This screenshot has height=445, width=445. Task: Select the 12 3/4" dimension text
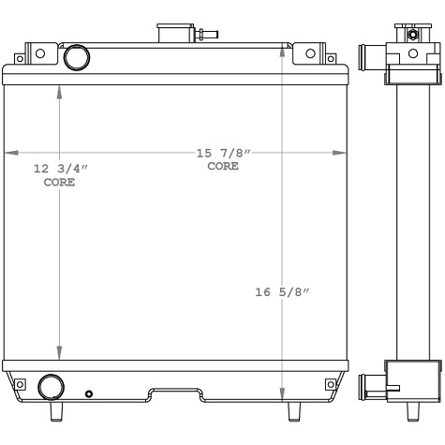pos(60,169)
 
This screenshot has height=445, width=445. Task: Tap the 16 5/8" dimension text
pos(282,292)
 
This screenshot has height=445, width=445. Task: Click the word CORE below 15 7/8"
pos(223,166)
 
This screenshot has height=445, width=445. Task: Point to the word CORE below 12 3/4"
pos(60,182)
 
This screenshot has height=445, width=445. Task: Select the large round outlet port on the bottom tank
pos(50,386)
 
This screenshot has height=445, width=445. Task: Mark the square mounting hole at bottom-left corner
pos(19,382)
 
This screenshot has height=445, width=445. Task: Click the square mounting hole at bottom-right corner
pos(329,383)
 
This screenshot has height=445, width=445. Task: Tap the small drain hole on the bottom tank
pos(88,393)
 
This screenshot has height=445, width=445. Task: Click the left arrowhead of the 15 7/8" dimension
pos(9,153)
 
